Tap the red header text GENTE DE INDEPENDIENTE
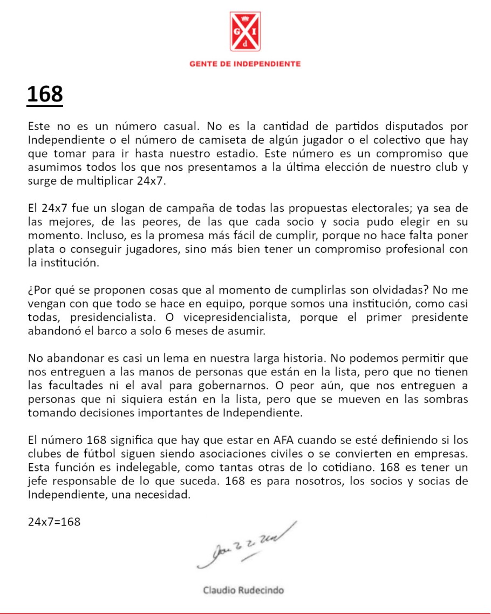(245, 64)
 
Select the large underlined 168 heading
(45, 95)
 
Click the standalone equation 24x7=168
(54, 522)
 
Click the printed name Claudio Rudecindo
(243, 590)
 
